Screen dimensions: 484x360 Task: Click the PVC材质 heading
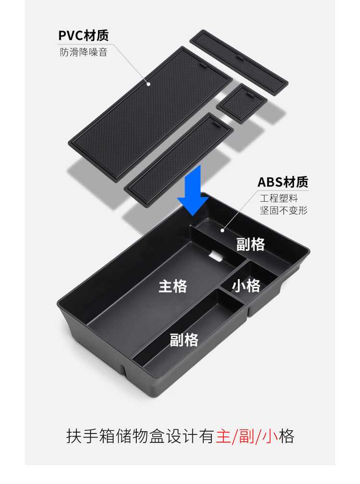click(84, 35)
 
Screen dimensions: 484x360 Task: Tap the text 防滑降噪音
click(84, 52)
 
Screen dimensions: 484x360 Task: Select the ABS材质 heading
click(283, 182)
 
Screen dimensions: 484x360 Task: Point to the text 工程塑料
click(279, 198)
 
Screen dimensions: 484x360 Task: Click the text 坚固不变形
click(283, 210)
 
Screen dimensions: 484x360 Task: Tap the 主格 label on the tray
click(173, 286)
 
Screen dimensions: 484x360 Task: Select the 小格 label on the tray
click(246, 286)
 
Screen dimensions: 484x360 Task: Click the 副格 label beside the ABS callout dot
click(251, 244)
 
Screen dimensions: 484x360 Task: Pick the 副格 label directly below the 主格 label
click(184, 340)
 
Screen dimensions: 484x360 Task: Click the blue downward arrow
click(192, 189)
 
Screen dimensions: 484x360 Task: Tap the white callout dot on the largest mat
click(149, 84)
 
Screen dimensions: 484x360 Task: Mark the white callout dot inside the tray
click(223, 230)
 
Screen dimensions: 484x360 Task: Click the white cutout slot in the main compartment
click(218, 256)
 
